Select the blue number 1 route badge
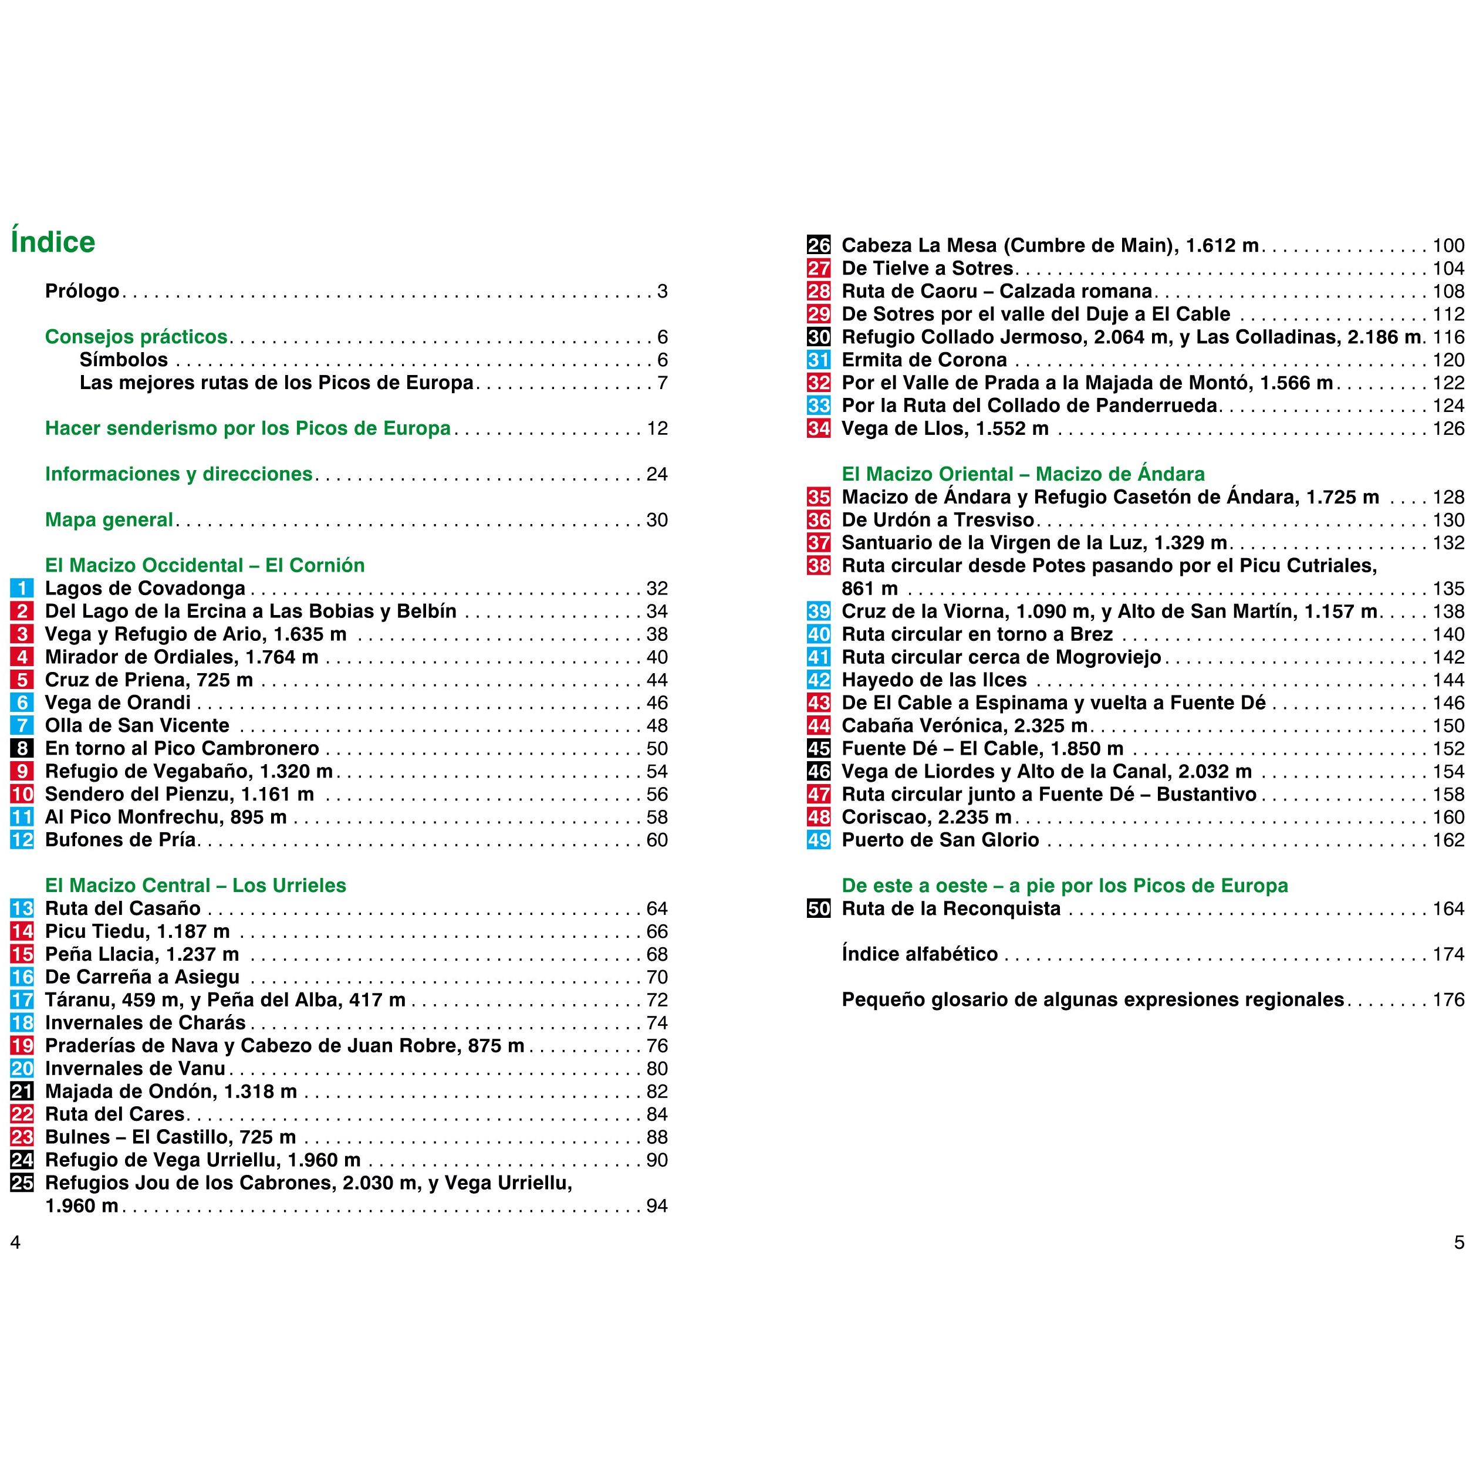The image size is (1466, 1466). click(x=22, y=588)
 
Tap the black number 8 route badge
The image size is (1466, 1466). click(x=22, y=748)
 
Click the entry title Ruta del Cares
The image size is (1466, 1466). click(x=114, y=1114)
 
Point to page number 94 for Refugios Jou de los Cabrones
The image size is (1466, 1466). click(x=656, y=1206)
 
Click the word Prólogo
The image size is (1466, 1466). click(x=82, y=291)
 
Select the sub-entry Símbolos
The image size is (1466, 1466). click(x=124, y=360)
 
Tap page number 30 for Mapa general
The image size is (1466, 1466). click(x=656, y=520)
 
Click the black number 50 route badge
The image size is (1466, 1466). click(x=819, y=908)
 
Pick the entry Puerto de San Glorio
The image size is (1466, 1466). click(x=940, y=840)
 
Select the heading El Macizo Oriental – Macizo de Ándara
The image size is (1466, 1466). click(x=1023, y=474)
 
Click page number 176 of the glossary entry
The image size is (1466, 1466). click(x=1448, y=999)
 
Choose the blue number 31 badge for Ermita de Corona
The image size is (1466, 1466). click(x=819, y=360)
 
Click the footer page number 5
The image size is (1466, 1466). click(x=1458, y=1243)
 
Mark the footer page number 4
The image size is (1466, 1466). click(x=15, y=1243)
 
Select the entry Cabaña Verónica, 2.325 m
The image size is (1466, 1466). click(x=964, y=725)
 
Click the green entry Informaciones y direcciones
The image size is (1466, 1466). click(x=178, y=474)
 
